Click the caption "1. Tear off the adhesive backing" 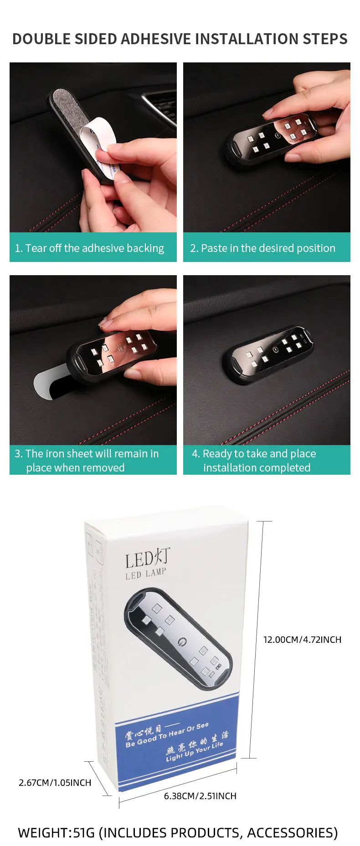tap(89, 248)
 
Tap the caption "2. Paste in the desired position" tap(262, 248)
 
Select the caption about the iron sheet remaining tap(87, 461)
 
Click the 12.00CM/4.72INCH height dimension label tap(302, 640)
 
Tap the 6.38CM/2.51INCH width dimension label tap(200, 796)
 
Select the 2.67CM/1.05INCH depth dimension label tap(55, 783)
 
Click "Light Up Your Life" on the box tap(195, 751)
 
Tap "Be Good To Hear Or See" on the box tap(167, 735)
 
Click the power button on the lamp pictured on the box tap(182, 641)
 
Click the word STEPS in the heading tap(325, 39)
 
